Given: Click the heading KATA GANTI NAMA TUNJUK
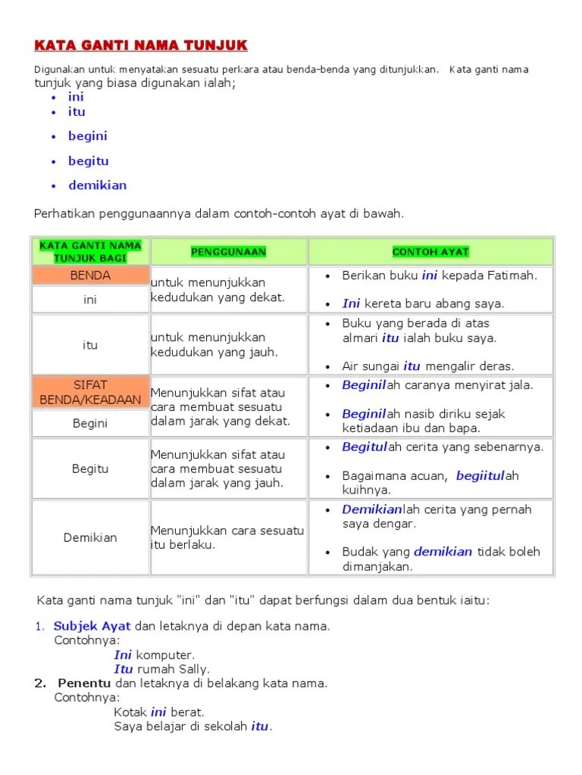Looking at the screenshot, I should [x=141, y=46].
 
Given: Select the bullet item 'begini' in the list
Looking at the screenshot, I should [x=87, y=136].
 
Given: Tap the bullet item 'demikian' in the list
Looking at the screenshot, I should [x=97, y=185].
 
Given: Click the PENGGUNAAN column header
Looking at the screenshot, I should [x=228, y=251].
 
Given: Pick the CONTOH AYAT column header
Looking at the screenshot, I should [x=430, y=251].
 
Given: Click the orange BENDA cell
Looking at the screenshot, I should [x=90, y=275].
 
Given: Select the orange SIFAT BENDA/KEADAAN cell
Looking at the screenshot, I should [x=90, y=392].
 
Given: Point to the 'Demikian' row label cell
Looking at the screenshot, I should [x=90, y=537].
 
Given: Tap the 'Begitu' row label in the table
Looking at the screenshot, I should [x=90, y=468].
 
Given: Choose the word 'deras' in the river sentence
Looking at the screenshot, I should [x=497, y=366].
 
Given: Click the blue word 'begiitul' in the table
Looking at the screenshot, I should [x=480, y=476].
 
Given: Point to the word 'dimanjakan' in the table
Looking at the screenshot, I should [x=377, y=566].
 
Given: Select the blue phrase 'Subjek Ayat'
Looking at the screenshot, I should [x=92, y=627].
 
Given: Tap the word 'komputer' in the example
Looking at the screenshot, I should [x=165, y=655].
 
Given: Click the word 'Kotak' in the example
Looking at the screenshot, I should [x=130, y=712].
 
